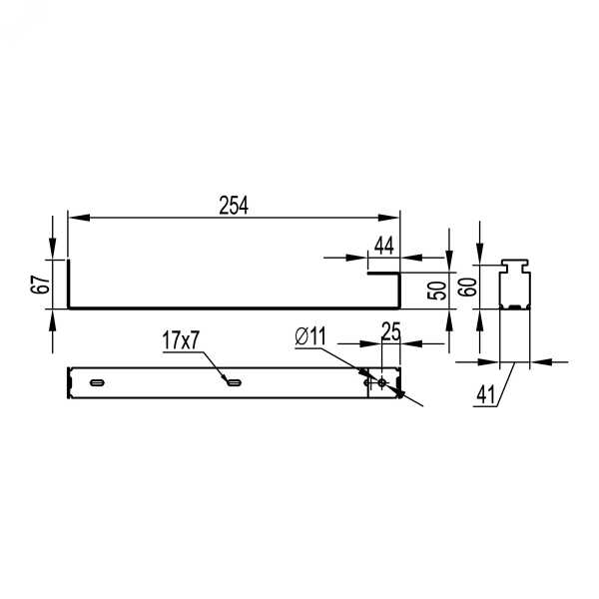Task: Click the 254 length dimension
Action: (234, 206)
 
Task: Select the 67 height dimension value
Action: (41, 285)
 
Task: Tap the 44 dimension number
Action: (384, 246)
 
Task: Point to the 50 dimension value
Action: (436, 291)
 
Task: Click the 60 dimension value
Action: (467, 287)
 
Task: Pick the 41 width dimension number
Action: (486, 394)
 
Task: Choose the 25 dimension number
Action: (391, 331)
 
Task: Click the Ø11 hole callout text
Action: (310, 336)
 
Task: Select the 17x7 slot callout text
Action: (181, 340)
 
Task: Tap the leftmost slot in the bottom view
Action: (98, 382)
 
